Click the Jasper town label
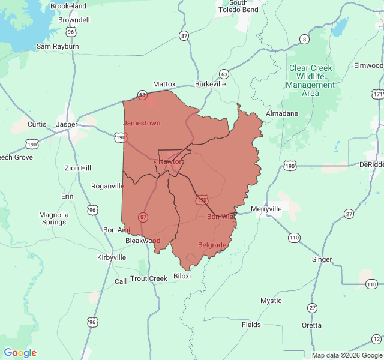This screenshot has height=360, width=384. point(67,124)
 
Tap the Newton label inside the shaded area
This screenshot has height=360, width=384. point(170,161)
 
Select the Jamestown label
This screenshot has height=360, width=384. point(142,123)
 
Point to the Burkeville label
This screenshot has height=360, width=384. point(210,85)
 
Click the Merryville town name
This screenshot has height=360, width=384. point(266,209)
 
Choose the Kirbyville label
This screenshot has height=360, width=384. point(112,257)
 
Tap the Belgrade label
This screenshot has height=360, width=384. point(212,245)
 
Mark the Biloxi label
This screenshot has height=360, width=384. point(182,276)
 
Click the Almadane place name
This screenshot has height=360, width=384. point(281,113)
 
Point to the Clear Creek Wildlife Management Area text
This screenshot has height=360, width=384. point(310,80)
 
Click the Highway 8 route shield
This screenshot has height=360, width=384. point(305,40)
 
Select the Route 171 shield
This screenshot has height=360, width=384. point(377,95)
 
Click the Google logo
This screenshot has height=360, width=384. point(20,353)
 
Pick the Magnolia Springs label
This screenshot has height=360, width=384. point(53,218)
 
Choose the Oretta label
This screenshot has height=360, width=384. point(311,325)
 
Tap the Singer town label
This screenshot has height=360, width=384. point(322,260)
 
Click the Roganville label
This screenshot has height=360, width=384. point(107,186)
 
